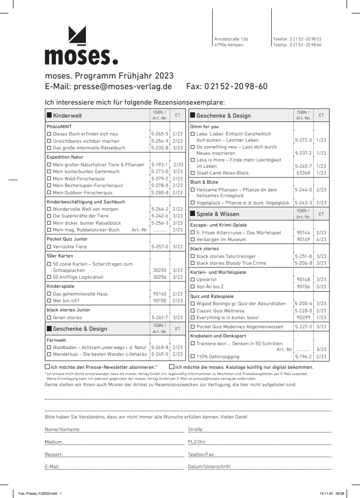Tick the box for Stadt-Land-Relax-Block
click(193, 173)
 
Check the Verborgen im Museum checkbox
click(193, 239)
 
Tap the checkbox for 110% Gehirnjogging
click(193, 357)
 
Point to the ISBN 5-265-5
click(159, 134)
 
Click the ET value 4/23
click(321, 239)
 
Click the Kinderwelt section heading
click(67, 116)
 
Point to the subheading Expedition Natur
click(65, 157)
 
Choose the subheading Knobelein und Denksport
click(218, 336)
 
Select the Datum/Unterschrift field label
click(209, 467)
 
